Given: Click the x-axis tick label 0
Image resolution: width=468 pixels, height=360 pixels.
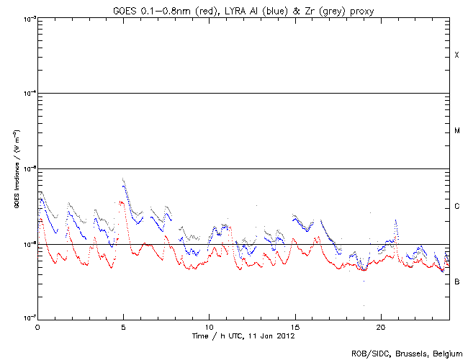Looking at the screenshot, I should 37,326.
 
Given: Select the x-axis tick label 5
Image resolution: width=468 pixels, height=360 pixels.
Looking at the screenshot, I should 123,326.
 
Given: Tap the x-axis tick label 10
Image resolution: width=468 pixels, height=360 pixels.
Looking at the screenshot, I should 209,326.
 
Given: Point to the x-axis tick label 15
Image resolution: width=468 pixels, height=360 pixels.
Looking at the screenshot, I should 295,326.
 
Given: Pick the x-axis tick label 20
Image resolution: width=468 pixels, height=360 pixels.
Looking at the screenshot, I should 381,326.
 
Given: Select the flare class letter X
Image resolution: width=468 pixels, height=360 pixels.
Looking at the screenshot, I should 456,55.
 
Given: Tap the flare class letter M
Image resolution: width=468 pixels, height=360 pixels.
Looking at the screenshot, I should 456,131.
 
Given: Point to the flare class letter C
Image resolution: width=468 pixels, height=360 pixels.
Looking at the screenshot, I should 456,207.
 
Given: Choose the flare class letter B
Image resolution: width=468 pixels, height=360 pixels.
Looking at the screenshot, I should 456,282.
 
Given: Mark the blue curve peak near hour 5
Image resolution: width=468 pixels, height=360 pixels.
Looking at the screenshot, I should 123,181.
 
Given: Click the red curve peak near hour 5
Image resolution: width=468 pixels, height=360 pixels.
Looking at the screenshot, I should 122,202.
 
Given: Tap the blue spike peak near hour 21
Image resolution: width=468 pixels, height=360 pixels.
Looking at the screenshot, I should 396,221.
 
